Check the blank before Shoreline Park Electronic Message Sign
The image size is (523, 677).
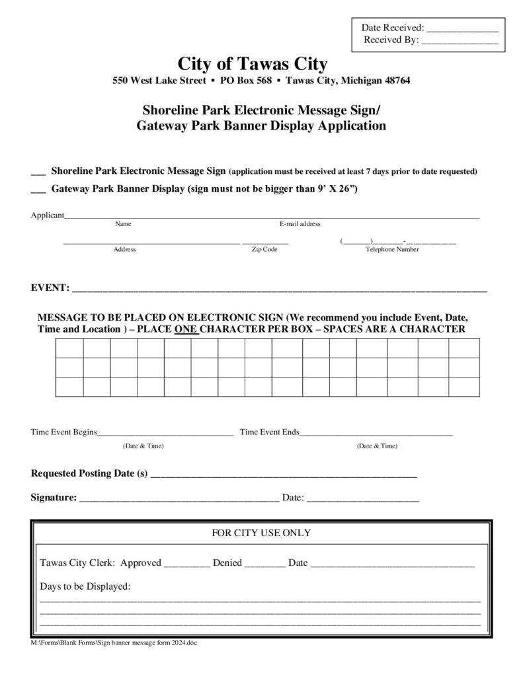tap(38, 172)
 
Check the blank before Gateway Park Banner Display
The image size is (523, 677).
tap(38, 189)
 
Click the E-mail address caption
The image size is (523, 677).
tap(300, 224)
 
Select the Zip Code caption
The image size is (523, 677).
tap(264, 249)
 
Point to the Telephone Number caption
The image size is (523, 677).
tap(392, 249)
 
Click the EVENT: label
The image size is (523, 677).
tap(50, 288)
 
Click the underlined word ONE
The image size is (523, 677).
tap(186, 329)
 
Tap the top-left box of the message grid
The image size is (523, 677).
tap(69, 348)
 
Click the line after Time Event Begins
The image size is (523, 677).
tap(165, 433)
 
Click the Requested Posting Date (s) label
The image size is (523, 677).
tap(89, 473)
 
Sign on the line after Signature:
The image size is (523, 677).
tap(179, 498)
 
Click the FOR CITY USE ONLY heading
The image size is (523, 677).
tap(261, 533)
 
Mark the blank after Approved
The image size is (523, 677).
tap(186, 564)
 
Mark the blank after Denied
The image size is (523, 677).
tap(264, 564)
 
